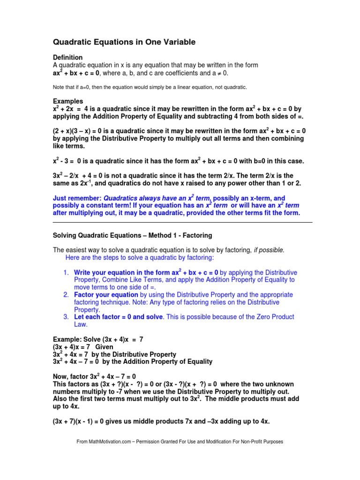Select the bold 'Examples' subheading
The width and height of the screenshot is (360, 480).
pos(68,101)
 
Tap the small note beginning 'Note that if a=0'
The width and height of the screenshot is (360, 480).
pos(150,87)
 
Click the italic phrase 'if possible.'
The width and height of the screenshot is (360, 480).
pos(269,250)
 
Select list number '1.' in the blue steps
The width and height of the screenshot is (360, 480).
pos(66,272)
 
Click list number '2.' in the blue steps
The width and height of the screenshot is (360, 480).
pos(66,295)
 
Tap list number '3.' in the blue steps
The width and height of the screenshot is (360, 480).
pos(66,317)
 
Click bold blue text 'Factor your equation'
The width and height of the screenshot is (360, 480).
pos(106,295)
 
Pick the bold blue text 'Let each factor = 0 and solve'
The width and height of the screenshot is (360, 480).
pos(119,317)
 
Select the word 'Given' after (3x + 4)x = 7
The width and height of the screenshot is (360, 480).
pos(104,347)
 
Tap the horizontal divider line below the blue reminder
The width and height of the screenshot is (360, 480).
pos(182,222)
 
